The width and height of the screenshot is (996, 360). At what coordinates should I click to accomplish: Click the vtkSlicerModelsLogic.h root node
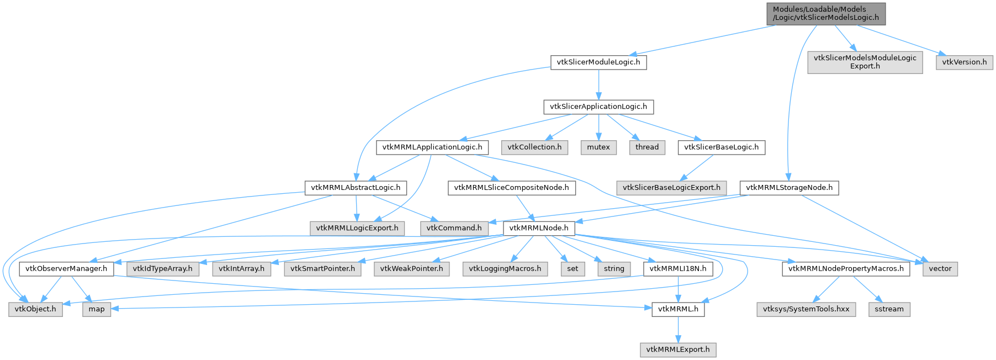[x=825, y=13]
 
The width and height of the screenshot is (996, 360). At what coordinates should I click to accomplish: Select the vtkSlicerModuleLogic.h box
[x=598, y=62]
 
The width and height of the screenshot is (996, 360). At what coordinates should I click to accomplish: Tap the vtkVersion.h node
[x=964, y=62]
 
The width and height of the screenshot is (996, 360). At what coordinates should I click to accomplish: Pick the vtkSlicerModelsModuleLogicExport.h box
[x=865, y=62]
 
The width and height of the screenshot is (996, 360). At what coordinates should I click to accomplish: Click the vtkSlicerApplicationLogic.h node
[x=598, y=107]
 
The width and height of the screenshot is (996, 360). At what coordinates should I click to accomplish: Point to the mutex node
[x=598, y=147]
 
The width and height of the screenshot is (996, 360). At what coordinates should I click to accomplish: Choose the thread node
[x=647, y=147]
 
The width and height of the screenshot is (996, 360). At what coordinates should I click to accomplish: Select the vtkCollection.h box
[x=534, y=147]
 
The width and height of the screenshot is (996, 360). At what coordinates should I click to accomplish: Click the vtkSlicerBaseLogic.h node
[x=721, y=147]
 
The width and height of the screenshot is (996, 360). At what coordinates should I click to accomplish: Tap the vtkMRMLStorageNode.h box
[x=789, y=188]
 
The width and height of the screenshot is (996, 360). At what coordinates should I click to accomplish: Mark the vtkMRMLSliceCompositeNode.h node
[x=511, y=188]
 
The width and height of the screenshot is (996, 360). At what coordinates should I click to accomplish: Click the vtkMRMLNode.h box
[x=539, y=228]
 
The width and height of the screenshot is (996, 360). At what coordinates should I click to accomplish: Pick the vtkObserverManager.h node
[x=67, y=269]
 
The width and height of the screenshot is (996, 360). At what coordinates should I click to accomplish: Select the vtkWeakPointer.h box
[x=412, y=269]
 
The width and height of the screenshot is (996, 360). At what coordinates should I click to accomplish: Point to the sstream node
[x=889, y=309]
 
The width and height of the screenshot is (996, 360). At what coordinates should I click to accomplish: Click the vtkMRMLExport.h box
[x=678, y=350]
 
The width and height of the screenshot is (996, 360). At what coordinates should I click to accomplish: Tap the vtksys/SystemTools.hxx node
[x=806, y=309]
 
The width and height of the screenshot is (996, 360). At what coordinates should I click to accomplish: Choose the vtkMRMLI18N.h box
[x=678, y=269]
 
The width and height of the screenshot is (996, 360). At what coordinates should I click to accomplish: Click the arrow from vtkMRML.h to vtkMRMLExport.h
[x=678, y=330]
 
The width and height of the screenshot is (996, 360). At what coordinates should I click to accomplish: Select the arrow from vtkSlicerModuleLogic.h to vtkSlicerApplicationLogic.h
[x=598, y=84]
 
